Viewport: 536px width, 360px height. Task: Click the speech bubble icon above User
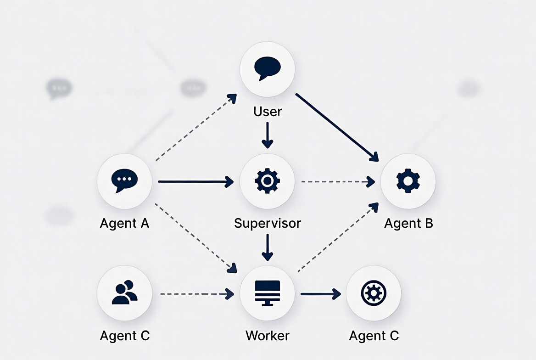(x=267, y=68)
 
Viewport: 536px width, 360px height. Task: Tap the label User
(x=268, y=112)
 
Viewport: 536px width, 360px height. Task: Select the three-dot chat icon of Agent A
(x=124, y=181)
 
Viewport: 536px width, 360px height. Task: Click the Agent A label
(x=124, y=224)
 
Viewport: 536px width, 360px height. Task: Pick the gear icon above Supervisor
(x=267, y=181)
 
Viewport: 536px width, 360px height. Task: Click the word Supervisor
(x=268, y=224)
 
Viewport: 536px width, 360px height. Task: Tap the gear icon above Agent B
(x=408, y=181)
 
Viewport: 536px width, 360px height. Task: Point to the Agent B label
(x=408, y=224)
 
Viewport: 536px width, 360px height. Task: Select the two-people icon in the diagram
(x=124, y=292)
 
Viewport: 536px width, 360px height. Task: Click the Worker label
(x=268, y=336)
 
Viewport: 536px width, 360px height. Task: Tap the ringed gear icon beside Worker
(x=374, y=292)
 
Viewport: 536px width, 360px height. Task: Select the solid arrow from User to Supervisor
(x=267, y=135)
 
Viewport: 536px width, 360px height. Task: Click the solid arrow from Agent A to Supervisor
(x=195, y=182)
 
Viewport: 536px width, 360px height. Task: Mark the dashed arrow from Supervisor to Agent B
(x=337, y=182)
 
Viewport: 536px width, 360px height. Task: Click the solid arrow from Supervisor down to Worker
(x=267, y=247)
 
